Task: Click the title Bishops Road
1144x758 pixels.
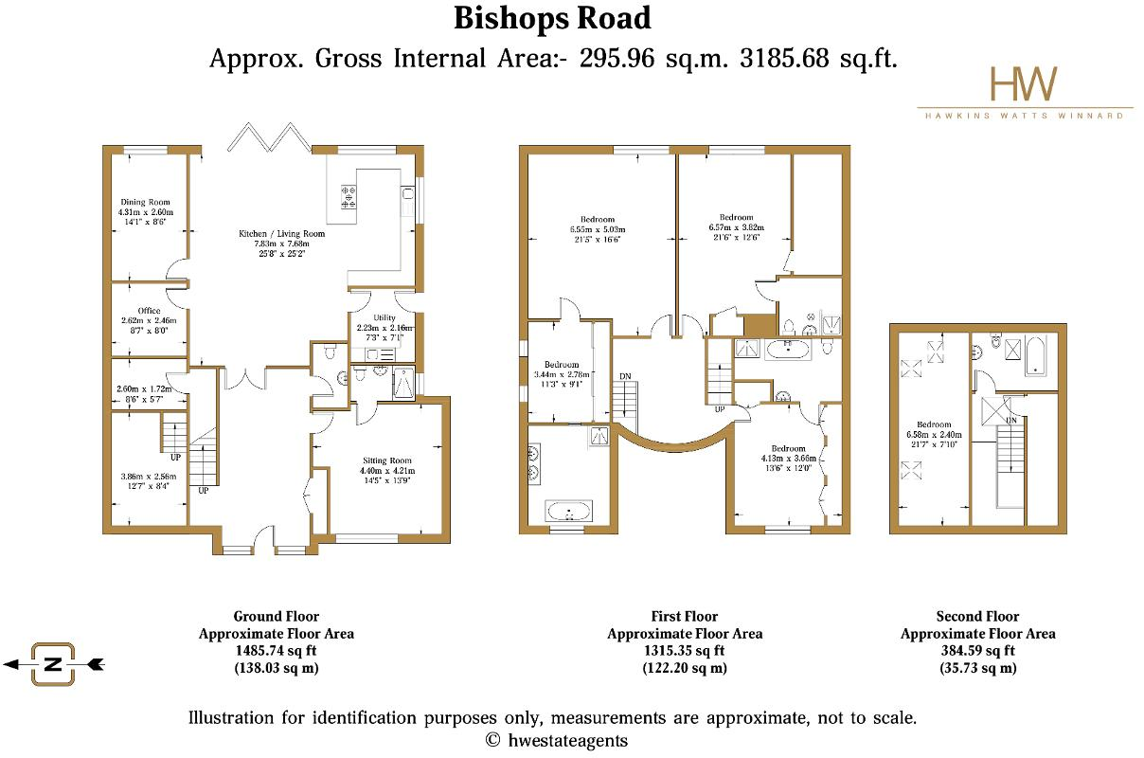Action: (552, 18)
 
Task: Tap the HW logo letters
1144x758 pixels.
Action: (1024, 84)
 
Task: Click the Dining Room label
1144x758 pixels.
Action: (145, 202)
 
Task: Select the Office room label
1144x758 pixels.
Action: (149, 311)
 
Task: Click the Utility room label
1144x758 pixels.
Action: (384, 317)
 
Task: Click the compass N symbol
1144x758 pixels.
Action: (53, 664)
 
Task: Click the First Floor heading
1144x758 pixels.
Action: (684, 617)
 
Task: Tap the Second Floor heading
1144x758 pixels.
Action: (977, 617)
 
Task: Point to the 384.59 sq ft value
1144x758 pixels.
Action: (977, 651)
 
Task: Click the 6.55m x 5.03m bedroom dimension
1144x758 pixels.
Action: (598, 229)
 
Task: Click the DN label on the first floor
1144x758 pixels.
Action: (624, 376)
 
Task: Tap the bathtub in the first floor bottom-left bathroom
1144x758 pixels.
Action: (569, 513)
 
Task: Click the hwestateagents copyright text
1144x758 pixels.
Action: (556, 740)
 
